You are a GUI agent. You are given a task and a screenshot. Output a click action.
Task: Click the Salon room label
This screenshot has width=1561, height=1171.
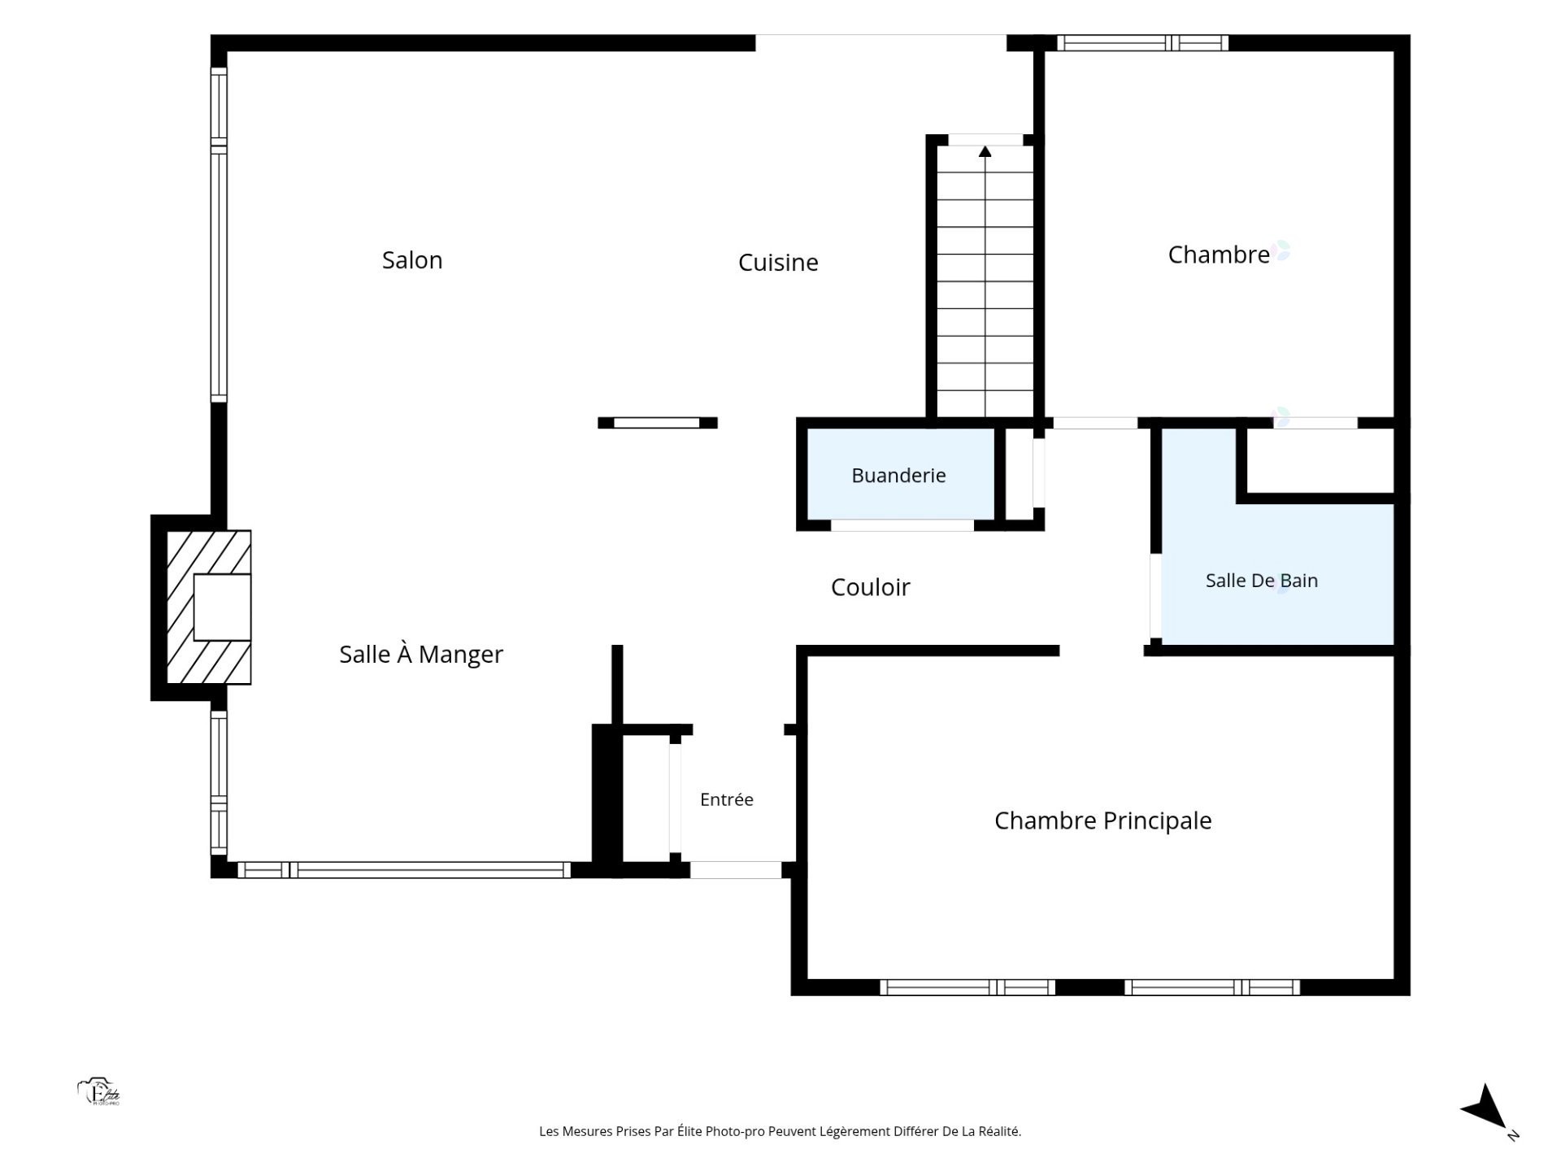pos(412,260)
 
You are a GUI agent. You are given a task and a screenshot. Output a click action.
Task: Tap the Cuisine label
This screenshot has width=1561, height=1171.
pos(778,263)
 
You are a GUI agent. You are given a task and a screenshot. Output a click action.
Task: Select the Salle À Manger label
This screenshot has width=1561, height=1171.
pos(421,654)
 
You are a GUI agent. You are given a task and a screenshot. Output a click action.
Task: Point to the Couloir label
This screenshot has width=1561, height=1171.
pos(870,587)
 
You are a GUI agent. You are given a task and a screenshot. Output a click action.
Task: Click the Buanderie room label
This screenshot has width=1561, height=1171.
pos(898,476)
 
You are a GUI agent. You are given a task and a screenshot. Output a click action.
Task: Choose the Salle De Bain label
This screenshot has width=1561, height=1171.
pos(1262,581)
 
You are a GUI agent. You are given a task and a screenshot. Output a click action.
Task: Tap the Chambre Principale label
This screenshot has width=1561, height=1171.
pos(1103,821)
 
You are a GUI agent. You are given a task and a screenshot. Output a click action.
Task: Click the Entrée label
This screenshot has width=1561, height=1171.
pos(727,799)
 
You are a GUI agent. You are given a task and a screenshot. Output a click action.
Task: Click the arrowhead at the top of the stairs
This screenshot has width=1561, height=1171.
pos(985,151)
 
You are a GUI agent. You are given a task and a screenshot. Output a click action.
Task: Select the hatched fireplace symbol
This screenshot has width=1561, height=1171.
pos(209,607)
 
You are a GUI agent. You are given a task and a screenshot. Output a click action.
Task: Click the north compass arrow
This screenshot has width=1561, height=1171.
pos(1487,1108)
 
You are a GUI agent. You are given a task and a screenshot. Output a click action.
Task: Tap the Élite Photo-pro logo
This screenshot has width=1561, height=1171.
pos(98,1092)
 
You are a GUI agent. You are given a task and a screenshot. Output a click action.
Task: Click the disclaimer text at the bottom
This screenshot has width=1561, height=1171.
pos(780,1131)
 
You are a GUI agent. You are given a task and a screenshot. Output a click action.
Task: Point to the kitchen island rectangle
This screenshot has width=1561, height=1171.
pos(657,423)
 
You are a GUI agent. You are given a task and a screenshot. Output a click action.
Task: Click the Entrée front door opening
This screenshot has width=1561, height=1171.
pos(736,870)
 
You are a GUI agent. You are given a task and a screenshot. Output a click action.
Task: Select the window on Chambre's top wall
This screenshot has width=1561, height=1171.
pos(1142,43)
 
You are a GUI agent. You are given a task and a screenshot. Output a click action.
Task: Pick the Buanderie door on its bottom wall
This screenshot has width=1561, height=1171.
pos(902,525)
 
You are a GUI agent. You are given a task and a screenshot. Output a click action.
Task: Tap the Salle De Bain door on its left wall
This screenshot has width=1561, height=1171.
pos(1155,596)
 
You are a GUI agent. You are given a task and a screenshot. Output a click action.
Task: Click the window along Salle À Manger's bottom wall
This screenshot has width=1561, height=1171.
pos(404,870)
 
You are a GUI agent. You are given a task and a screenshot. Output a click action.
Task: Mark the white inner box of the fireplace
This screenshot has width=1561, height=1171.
pos(222,607)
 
